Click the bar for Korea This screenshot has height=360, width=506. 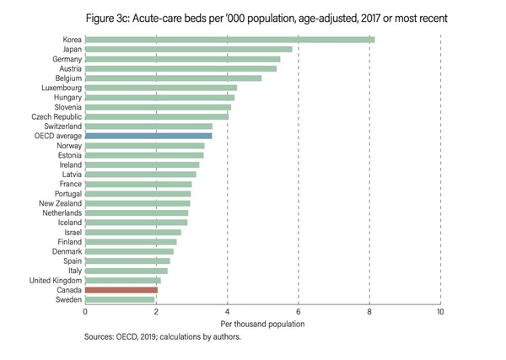(229, 40)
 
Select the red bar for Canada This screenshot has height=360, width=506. (121, 289)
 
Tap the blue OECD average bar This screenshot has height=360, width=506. (148, 135)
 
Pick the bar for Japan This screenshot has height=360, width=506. (188, 50)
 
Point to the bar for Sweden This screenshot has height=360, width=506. (119, 299)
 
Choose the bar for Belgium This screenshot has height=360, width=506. (173, 78)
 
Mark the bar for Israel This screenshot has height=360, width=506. (132, 232)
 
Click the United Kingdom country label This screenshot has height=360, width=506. (55, 280)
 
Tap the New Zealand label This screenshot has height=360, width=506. (59, 203)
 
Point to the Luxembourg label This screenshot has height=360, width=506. (61, 88)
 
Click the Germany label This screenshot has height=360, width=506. (66, 59)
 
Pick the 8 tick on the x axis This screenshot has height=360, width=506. (369, 312)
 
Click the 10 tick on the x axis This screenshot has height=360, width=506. (440, 312)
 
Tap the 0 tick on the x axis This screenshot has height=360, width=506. (85, 312)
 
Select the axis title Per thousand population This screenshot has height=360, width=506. (261, 324)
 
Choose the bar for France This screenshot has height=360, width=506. (138, 184)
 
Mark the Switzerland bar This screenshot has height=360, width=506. (148, 126)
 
